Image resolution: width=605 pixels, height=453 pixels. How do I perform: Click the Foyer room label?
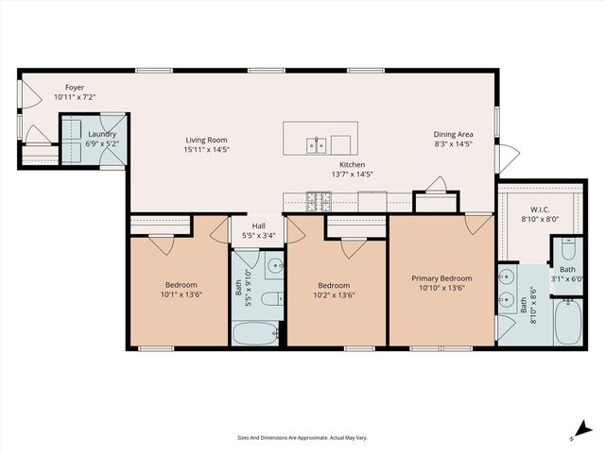click(47, 86)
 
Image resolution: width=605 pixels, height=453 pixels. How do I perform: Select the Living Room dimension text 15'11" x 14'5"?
click(206, 150)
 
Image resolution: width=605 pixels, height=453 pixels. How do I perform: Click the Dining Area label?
click(452, 134)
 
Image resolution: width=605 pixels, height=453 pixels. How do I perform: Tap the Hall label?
click(258, 226)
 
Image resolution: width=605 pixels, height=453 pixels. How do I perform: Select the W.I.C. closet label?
click(540, 210)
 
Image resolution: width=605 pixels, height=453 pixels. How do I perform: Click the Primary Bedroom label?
click(441, 278)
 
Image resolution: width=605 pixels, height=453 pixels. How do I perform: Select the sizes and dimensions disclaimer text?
click(302, 438)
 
